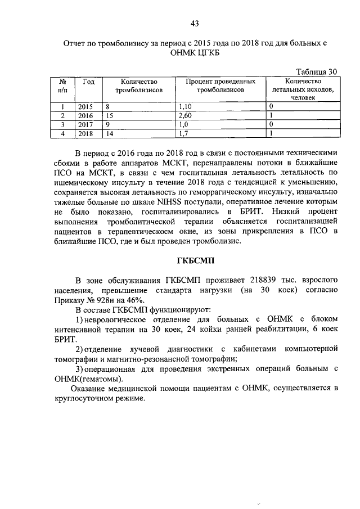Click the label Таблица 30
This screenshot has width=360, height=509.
click(317, 71)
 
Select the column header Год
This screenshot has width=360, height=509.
click(88, 82)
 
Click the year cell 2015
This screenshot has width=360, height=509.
click(85, 106)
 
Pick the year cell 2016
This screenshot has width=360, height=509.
click(85, 115)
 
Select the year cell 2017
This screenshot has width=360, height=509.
click(85, 124)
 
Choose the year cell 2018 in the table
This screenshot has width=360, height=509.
click(85, 133)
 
